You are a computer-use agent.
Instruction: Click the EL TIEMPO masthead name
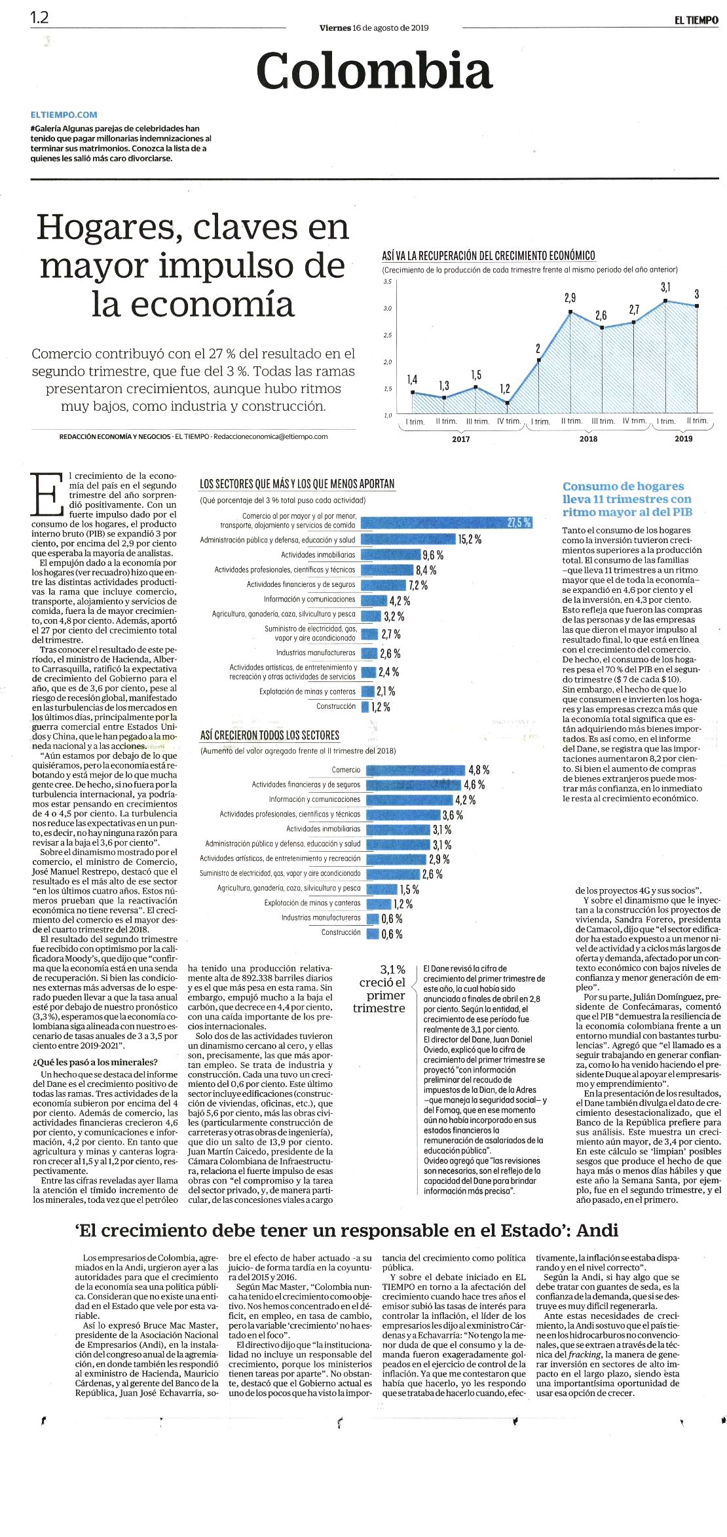[x=696, y=20]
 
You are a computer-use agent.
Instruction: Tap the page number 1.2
[x=39, y=18]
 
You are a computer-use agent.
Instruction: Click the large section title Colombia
[x=374, y=71]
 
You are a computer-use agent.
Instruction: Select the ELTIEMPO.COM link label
[x=64, y=115]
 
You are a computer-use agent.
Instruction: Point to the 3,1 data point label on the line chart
[x=665, y=287]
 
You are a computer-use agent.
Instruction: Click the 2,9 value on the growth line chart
[x=570, y=297]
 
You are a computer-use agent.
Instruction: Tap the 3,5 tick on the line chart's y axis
[x=387, y=282]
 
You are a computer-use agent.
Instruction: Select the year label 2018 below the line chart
[x=588, y=439]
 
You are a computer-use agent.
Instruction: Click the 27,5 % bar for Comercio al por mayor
[x=447, y=522]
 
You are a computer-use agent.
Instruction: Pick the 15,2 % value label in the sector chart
[x=470, y=539]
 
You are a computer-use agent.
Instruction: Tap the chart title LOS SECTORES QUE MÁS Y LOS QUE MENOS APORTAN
[x=297, y=484]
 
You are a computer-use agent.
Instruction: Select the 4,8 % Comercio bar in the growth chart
[x=416, y=770]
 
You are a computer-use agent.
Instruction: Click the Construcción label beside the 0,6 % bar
[x=341, y=932]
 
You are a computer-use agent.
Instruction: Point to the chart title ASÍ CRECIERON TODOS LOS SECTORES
[x=270, y=735]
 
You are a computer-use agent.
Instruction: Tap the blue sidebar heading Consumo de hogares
[x=623, y=486]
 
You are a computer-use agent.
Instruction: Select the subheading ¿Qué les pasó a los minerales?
[x=95, y=1062]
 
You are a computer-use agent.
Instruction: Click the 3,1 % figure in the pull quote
[x=393, y=969]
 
